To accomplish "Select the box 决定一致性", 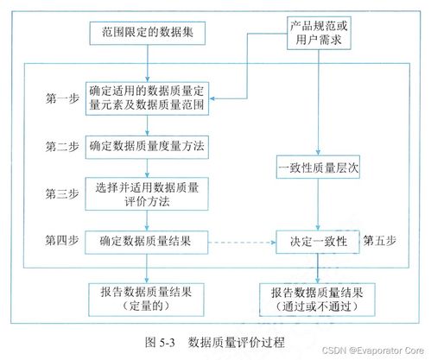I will click(x=317, y=243).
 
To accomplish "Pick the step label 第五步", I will click(x=381, y=237).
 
